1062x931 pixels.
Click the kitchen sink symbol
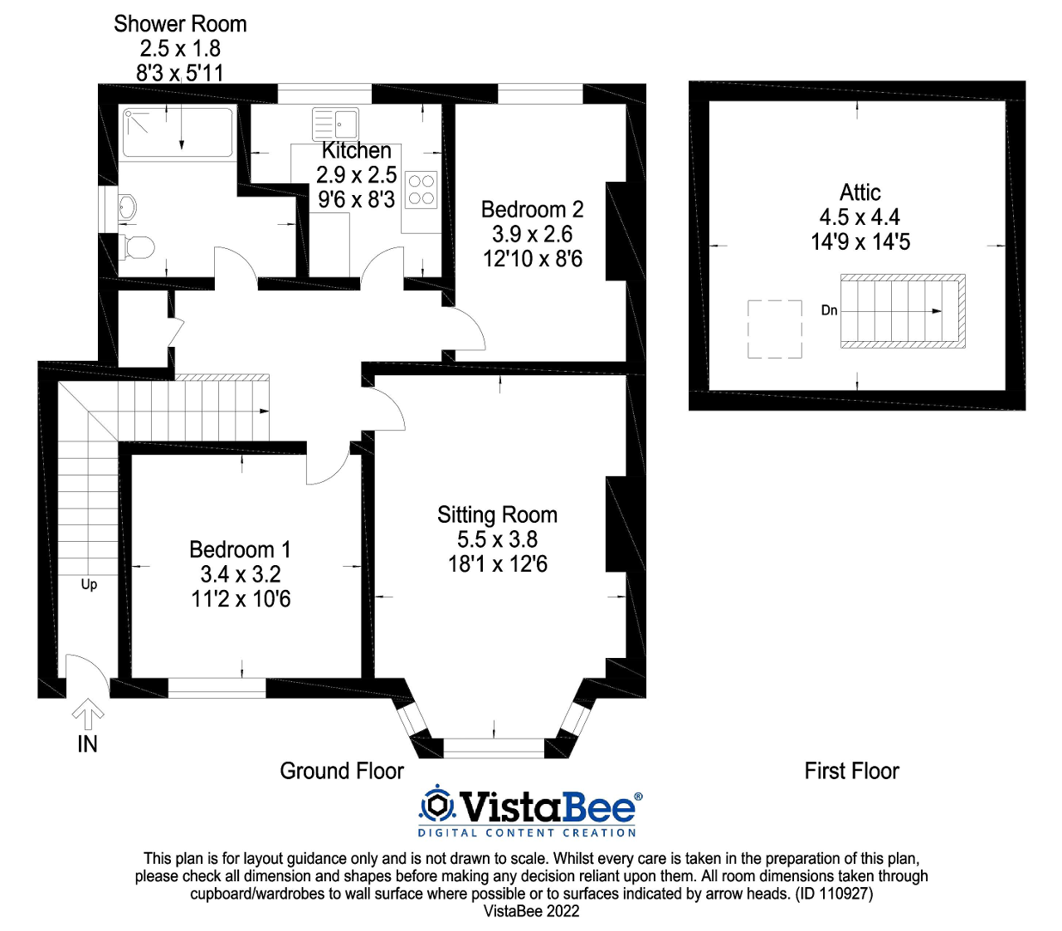(336, 124)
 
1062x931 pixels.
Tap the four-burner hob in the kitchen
(421, 189)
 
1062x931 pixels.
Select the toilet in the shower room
(138, 246)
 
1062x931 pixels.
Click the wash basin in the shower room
(125, 207)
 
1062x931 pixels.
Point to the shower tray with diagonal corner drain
(178, 132)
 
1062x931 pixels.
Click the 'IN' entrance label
(87, 744)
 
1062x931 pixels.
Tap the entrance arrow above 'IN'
(88, 714)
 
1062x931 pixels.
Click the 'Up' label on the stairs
(89, 584)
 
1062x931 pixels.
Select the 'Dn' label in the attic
(829, 310)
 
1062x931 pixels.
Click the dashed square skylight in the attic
(775, 329)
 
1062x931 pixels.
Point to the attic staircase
(903, 311)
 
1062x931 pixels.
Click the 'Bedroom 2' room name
(532, 209)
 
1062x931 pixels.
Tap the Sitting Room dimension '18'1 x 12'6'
(498, 564)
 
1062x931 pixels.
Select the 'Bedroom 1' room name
(240, 549)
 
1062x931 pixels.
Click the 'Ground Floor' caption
(342, 771)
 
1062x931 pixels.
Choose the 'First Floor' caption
(851, 771)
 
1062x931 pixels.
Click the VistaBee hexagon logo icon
(437, 805)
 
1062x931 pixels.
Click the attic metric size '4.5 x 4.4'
(860, 217)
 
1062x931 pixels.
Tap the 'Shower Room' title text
(180, 24)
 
